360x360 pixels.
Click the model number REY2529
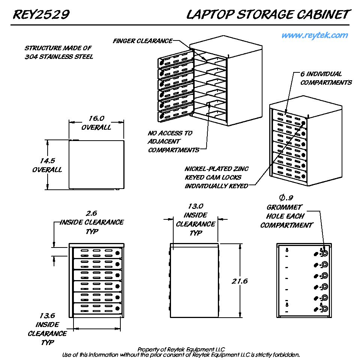point(41,15)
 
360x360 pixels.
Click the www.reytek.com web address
point(315,35)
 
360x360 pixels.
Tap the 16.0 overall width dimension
point(96,118)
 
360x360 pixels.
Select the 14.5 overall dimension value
point(47,161)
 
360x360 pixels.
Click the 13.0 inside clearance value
point(195,206)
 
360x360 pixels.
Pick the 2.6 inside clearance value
point(91,213)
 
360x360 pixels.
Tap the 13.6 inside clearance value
point(47,315)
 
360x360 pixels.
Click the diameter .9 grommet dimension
point(286,198)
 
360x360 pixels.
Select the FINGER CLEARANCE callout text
point(142,41)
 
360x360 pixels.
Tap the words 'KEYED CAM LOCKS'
point(213,177)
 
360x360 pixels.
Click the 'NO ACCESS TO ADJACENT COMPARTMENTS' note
point(173,141)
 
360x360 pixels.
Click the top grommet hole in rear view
point(324,253)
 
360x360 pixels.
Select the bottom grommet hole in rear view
point(324,309)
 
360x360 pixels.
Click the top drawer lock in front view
point(117,253)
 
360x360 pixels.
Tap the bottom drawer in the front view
point(98,309)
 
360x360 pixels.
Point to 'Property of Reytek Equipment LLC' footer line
point(181,349)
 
